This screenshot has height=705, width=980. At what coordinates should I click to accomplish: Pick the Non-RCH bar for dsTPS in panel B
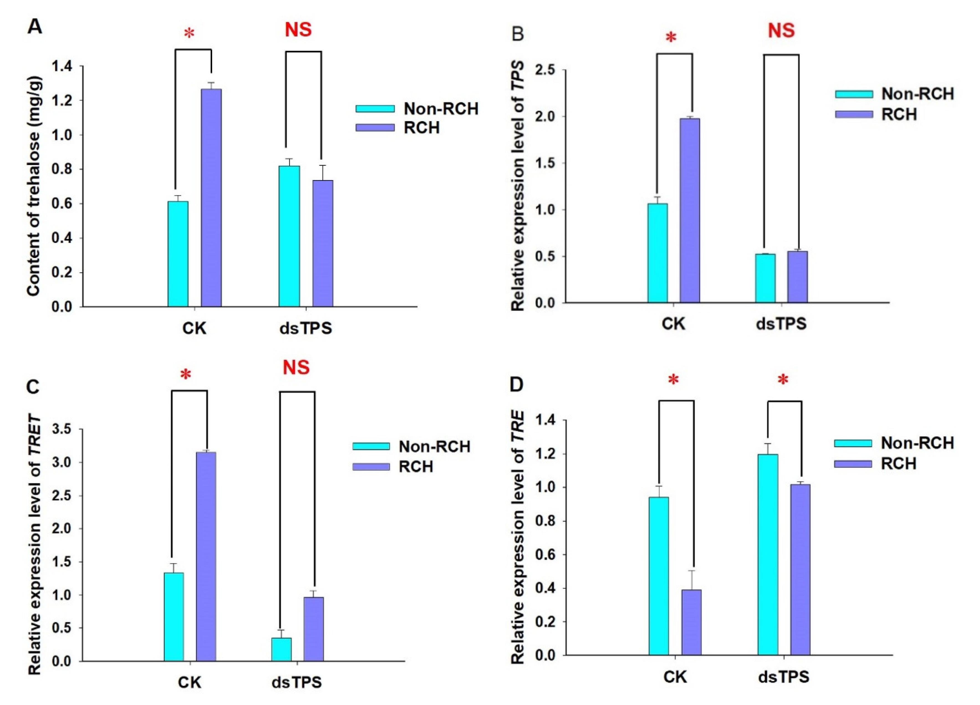tap(765, 278)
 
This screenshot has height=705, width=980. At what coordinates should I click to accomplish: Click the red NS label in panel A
tap(298, 30)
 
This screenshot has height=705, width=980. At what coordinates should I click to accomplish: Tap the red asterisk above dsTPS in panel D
tap(783, 381)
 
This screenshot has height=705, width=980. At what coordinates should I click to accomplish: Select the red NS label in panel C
tap(296, 367)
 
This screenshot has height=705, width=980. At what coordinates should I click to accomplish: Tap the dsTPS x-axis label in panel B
tap(781, 324)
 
